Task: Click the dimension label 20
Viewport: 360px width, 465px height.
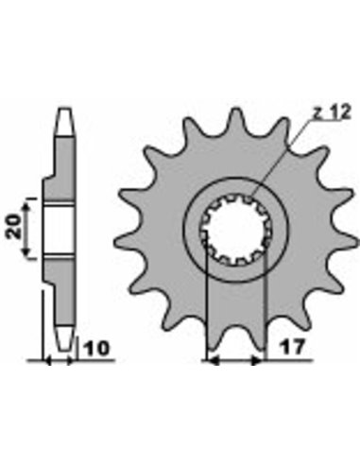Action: click(14, 227)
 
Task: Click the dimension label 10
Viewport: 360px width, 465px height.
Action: click(95, 349)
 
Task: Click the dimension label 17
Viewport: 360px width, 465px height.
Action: click(293, 347)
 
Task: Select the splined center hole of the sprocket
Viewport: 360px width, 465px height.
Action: click(235, 230)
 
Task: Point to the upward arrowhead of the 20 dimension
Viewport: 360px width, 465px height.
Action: click(27, 206)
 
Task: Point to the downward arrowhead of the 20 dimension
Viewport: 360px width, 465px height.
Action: click(27, 251)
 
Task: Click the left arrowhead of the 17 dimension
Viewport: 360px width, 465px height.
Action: click(214, 360)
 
